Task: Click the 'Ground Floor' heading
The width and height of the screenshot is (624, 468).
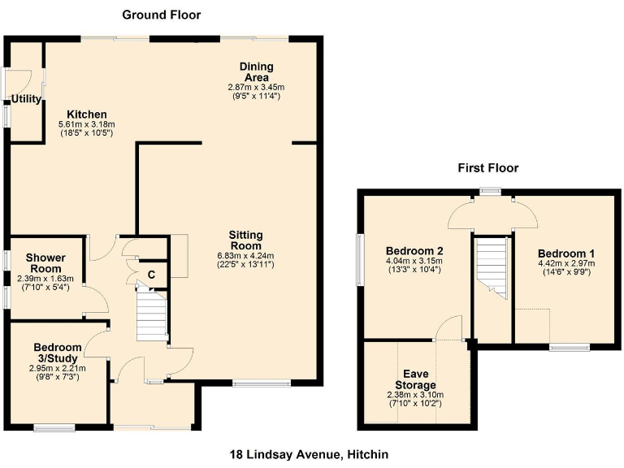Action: point(161,15)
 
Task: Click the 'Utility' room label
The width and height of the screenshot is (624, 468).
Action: point(25,99)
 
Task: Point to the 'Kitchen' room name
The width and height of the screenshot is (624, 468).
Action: point(87,114)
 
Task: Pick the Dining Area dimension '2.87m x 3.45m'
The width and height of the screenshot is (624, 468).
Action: point(256,86)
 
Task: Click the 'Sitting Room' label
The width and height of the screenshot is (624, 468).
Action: point(245,240)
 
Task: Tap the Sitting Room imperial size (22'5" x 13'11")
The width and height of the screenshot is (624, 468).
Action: point(245,264)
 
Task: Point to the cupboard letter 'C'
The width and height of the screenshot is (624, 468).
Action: point(152,273)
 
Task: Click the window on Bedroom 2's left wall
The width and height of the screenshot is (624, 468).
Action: point(359,260)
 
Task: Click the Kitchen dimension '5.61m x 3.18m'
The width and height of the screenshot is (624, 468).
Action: point(86,124)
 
